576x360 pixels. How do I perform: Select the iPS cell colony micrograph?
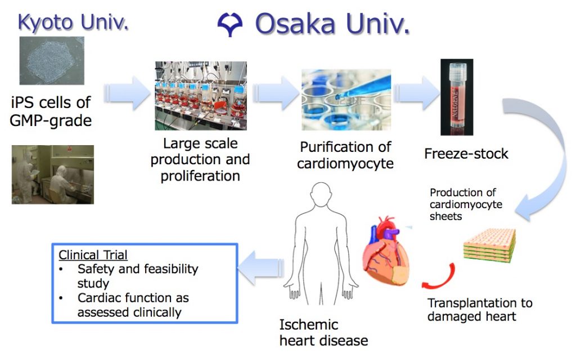(x=52, y=61)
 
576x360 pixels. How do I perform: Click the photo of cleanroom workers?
(x=52, y=174)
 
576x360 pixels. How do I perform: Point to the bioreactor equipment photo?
(x=200, y=96)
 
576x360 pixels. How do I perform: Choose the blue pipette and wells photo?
(x=346, y=99)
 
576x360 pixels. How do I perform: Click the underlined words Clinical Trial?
(x=93, y=254)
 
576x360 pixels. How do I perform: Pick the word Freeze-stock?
(x=466, y=153)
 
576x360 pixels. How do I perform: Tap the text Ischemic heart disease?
(x=323, y=332)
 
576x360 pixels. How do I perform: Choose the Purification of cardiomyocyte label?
(x=346, y=155)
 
